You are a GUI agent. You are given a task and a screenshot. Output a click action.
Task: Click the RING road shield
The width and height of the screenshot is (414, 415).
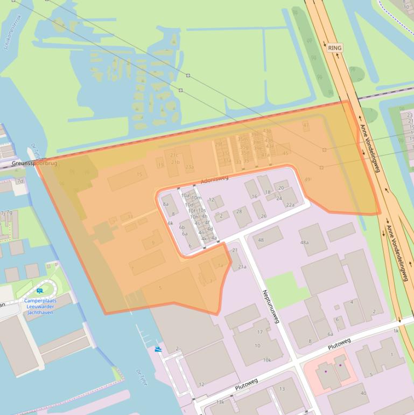point(335,48)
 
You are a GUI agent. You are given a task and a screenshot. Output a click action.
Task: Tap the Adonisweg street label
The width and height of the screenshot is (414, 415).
point(215,179)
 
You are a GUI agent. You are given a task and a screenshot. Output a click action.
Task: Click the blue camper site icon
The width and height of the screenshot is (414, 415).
point(39,291)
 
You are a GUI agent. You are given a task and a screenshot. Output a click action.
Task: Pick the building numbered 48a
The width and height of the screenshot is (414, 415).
point(305,243)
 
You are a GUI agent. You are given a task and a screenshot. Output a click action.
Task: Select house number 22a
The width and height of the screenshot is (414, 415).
point(290,205)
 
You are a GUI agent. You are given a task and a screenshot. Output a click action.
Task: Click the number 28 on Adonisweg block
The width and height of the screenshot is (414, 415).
point(239,211)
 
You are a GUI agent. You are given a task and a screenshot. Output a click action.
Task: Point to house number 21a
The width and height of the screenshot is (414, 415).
point(242,266)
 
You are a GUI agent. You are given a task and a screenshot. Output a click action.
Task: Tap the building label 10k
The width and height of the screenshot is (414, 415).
point(267,360)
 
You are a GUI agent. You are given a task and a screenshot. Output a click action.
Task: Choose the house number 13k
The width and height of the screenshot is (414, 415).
point(220,402)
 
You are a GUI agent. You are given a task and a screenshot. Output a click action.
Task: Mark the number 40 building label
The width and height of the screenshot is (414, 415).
point(363,393)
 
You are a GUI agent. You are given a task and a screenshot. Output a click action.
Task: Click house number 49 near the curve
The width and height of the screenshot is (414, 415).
point(307,179)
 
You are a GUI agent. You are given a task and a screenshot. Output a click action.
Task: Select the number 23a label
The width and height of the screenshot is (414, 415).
point(190,167)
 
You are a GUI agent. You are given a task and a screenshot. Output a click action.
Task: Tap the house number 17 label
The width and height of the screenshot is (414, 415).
point(260,332)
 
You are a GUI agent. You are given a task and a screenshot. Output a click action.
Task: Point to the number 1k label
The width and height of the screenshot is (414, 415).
point(397,330)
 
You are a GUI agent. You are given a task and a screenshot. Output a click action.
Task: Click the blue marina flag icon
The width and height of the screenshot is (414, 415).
point(158,349)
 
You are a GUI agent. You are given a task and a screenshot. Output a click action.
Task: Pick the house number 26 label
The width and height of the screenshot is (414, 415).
point(263,216)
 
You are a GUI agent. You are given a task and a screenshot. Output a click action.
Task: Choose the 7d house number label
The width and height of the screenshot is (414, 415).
point(20,181)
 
